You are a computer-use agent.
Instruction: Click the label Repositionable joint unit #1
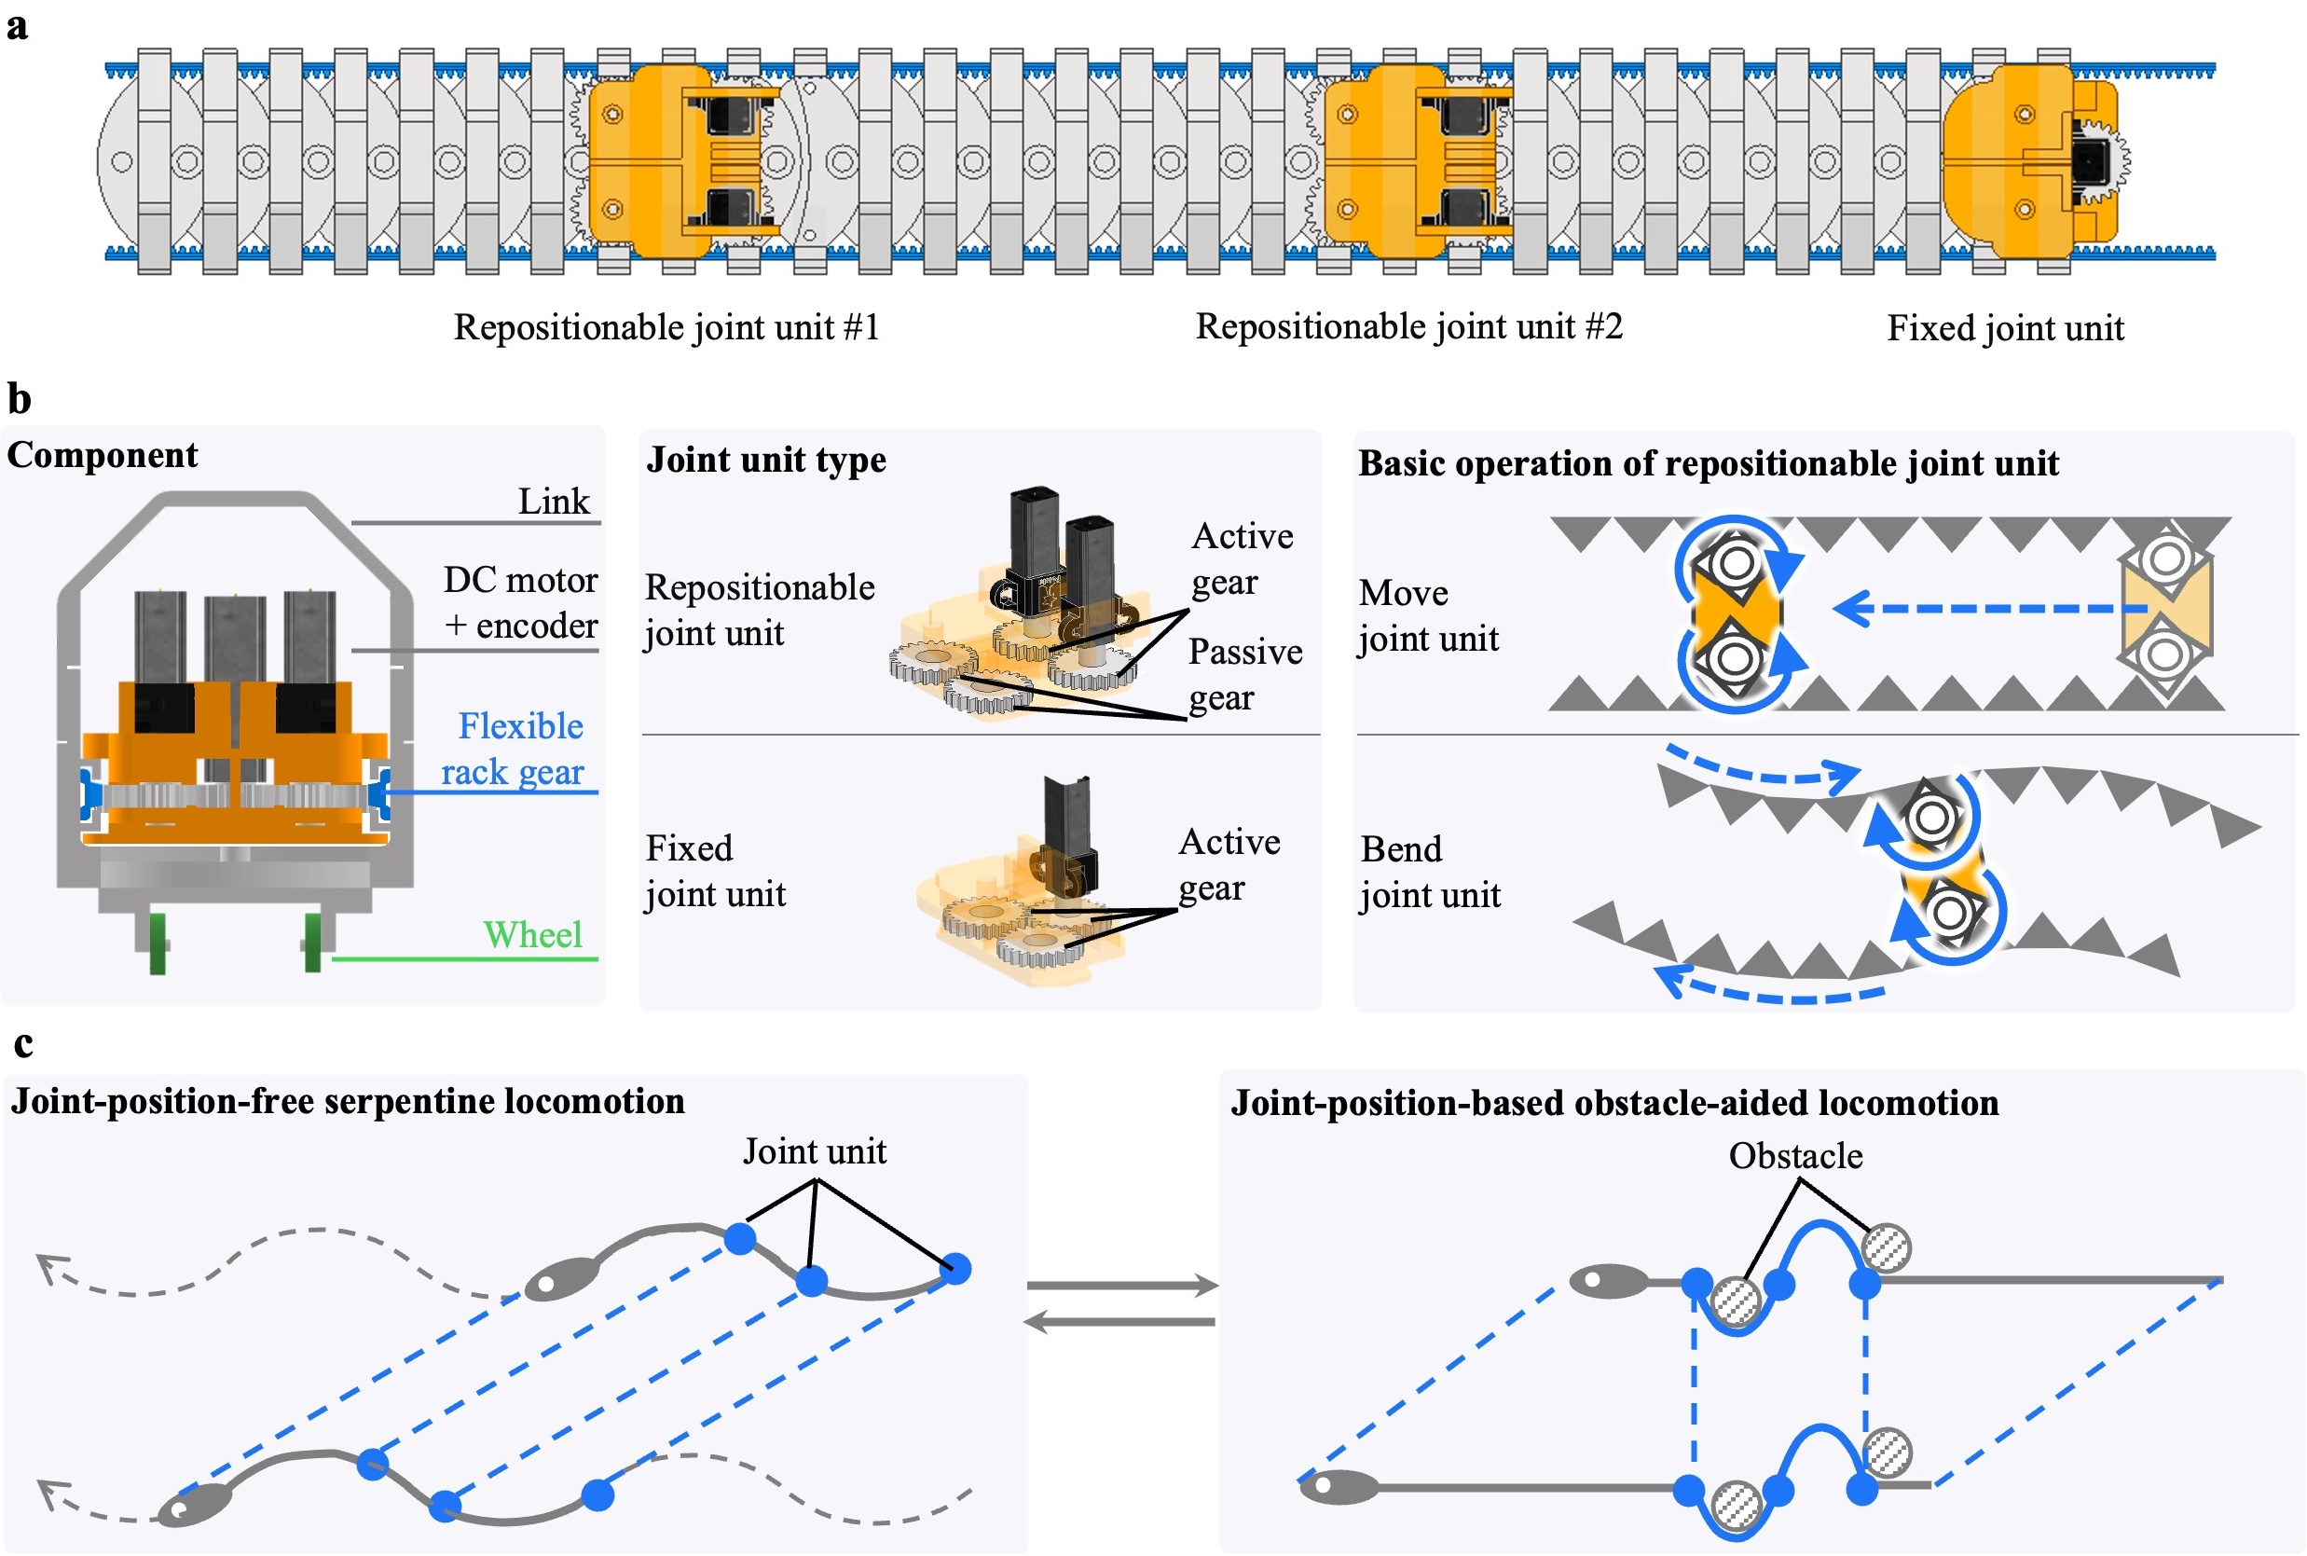(x=666, y=327)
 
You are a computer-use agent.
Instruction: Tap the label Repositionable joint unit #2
(x=1408, y=326)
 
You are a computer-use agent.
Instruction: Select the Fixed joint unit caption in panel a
(x=2004, y=328)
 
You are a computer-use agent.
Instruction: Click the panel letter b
(x=19, y=399)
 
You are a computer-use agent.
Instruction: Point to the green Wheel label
(x=532, y=935)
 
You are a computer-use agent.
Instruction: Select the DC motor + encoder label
(x=520, y=602)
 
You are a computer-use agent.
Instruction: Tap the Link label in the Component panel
(x=553, y=502)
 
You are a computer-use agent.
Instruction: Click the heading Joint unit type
(x=766, y=461)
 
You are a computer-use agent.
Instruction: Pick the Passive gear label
(x=1244, y=675)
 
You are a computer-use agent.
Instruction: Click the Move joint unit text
(x=1428, y=615)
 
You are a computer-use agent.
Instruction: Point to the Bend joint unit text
(x=1429, y=872)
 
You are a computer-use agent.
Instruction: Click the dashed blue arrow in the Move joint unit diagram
(x=1984, y=608)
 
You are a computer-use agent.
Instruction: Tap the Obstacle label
(x=1795, y=1156)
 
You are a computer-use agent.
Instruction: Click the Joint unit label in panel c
(x=814, y=1151)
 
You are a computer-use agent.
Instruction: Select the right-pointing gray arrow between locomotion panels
(x=1121, y=1285)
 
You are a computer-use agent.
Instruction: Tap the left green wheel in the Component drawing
(x=157, y=943)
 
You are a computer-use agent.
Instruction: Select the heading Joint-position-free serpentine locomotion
(x=348, y=1101)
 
